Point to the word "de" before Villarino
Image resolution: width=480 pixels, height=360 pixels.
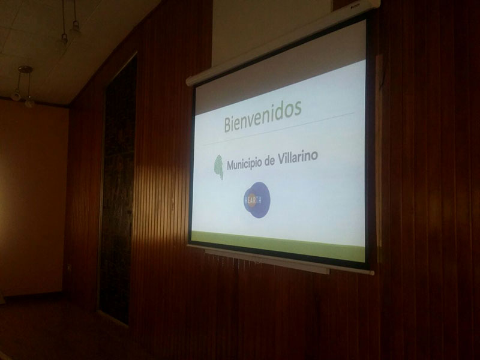269,161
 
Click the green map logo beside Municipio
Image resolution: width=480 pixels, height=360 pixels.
218,167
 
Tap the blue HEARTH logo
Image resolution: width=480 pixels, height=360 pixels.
257,200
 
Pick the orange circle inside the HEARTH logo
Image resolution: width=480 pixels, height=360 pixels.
251,200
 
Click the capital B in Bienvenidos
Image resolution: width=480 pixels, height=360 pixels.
228,124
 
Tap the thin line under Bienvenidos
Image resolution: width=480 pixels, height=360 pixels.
278,129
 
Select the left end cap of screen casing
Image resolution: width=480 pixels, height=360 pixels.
189,81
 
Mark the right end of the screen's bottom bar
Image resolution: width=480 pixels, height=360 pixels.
371,272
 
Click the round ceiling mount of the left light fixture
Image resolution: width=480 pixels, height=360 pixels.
25,69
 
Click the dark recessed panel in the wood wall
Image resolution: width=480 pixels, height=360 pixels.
118,190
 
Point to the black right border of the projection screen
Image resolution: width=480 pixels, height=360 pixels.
370,141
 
